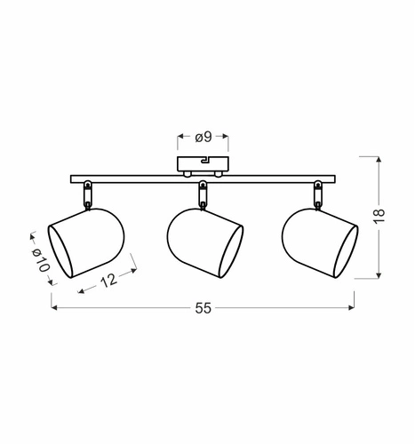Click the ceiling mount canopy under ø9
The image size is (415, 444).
(203, 165)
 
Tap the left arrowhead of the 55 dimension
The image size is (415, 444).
(55, 308)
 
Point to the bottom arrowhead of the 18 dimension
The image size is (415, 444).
(379, 277)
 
